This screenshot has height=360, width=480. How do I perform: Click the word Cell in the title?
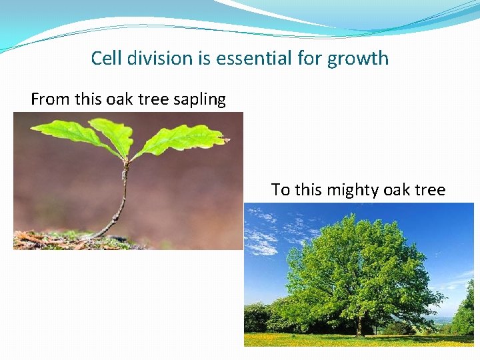pyautogui.click(x=105, y=58)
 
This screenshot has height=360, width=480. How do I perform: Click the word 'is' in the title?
pyautogui.click(x=204, y=58)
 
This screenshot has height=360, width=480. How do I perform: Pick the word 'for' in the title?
pyautogui.click(x=309, y=58)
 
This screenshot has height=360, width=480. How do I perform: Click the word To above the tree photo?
pyautogui.click(x=281, y=190)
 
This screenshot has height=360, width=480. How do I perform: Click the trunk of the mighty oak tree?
pyautogui.click(x=359, y=325)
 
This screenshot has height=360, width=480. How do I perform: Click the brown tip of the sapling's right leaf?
pyautogui.click(x=225, y=140)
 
